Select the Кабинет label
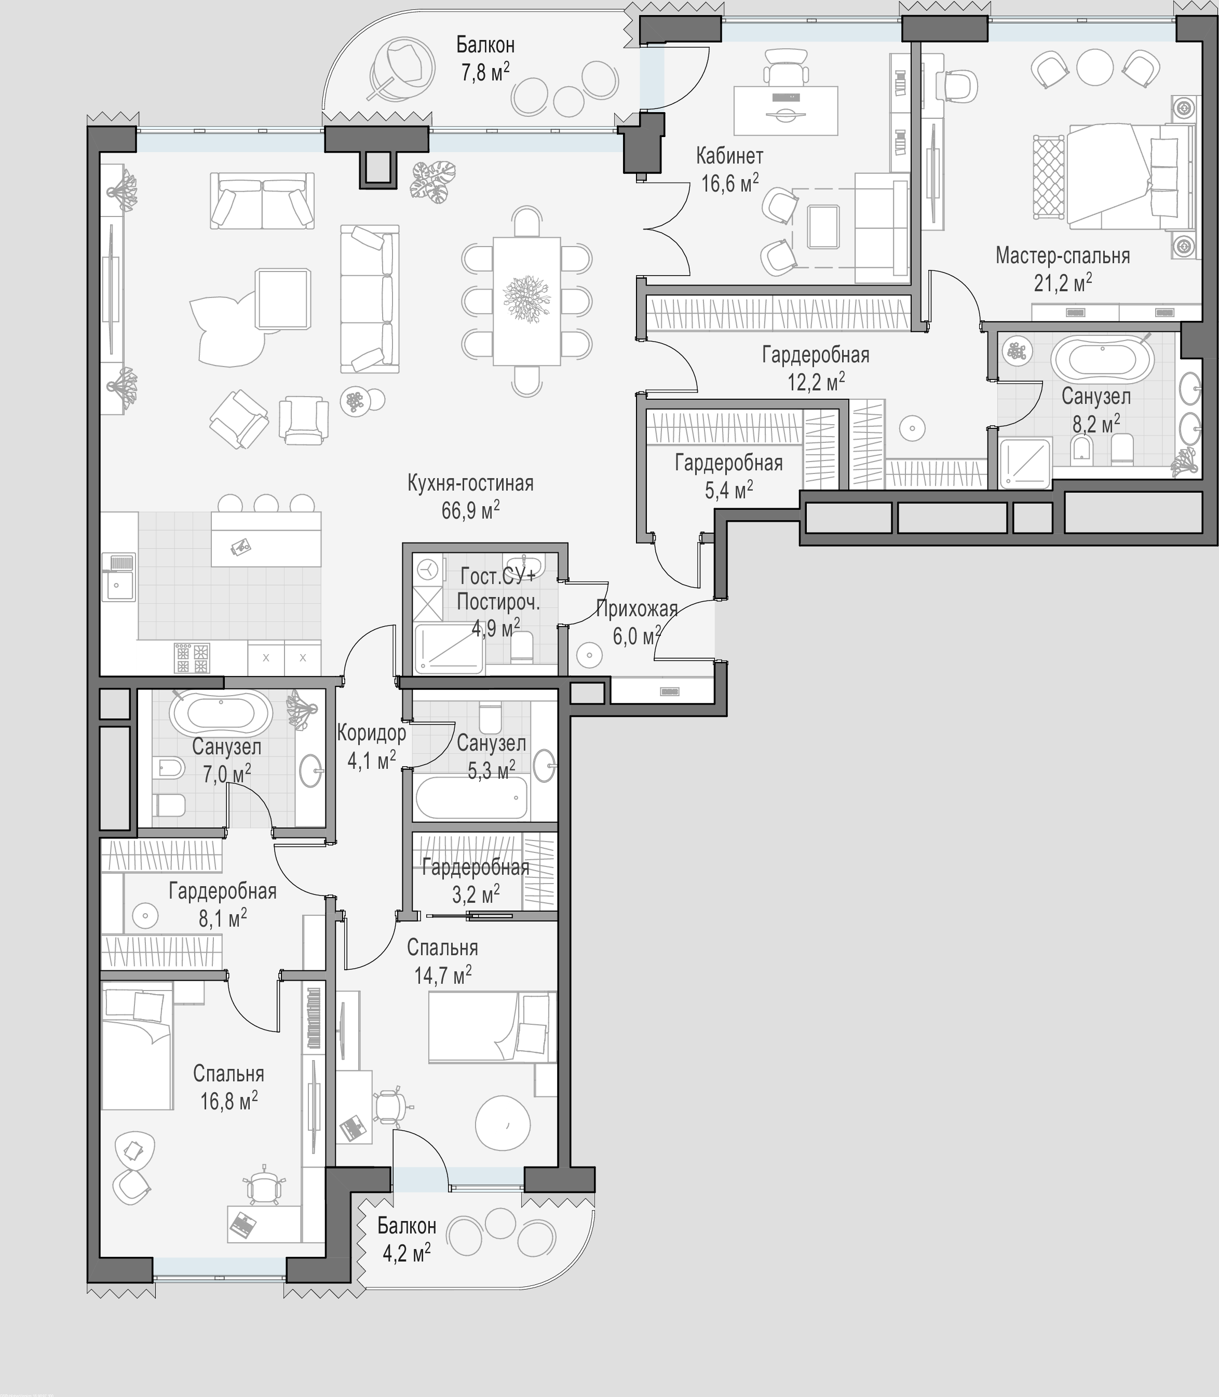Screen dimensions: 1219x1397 click(729, 156)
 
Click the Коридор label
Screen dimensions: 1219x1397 click(371, 733)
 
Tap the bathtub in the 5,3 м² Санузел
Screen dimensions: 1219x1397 click(471, 797)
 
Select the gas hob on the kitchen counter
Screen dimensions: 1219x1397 click(192, 658)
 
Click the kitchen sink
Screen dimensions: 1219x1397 click(118, 577)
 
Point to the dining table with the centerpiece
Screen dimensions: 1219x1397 click(526, 301)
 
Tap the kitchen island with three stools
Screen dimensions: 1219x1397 click(266, 539)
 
